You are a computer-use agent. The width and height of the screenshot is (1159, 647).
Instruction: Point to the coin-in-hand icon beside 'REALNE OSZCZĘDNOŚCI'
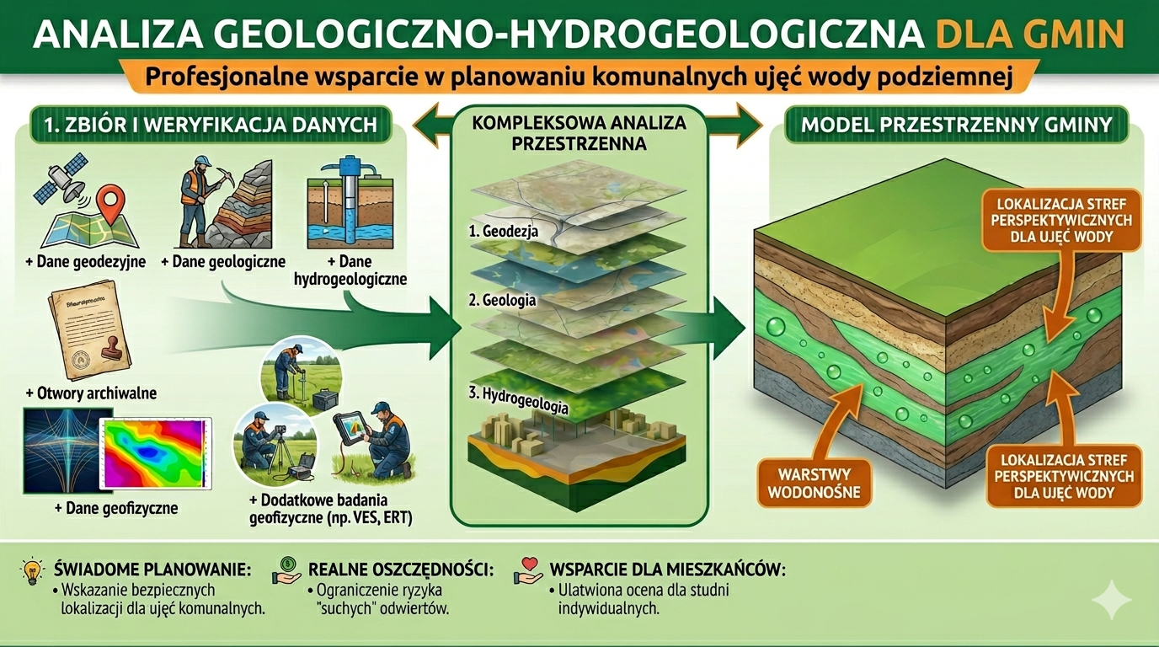tap(286, 572)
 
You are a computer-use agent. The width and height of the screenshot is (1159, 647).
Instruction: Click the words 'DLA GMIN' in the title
tap(1029, 35)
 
